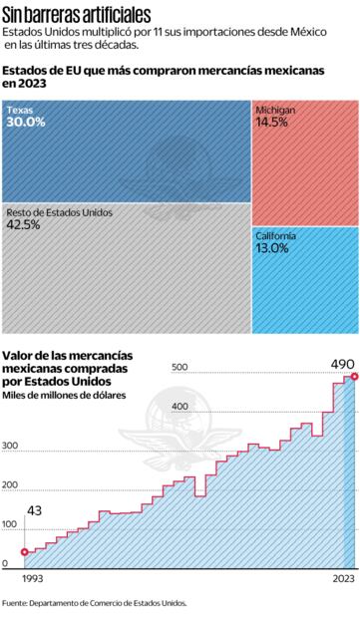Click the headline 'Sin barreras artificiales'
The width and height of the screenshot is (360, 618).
pyautogui.click(x=77, y=15)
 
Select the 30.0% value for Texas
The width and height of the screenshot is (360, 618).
pyautogui.click(x=26, y=122)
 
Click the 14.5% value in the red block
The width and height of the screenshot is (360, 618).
pyautogui.click(x=271, y=122)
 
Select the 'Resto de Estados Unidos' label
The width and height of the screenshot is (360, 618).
pyautogui.click(x=59, y=212)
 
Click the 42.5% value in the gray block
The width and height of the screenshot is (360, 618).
pyautogui.click(x=24, y=225)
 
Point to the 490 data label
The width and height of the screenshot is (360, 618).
pyautogui.click(x=342, y=364)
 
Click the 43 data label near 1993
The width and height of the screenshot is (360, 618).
pyautogui.click(x=34, y=510)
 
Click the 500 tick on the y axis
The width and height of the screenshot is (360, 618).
pyautogui.click(x=180, y=368)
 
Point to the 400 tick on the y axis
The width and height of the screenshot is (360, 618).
pyautogui.click(x=180, y=407)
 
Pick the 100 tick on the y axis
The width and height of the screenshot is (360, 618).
pyautogui.click(x=11, y=524)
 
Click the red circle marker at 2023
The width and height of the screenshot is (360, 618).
pyautogui.click(x=350, y=377)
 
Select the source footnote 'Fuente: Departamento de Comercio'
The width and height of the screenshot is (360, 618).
pyautogui.click(x=94, y=602)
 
